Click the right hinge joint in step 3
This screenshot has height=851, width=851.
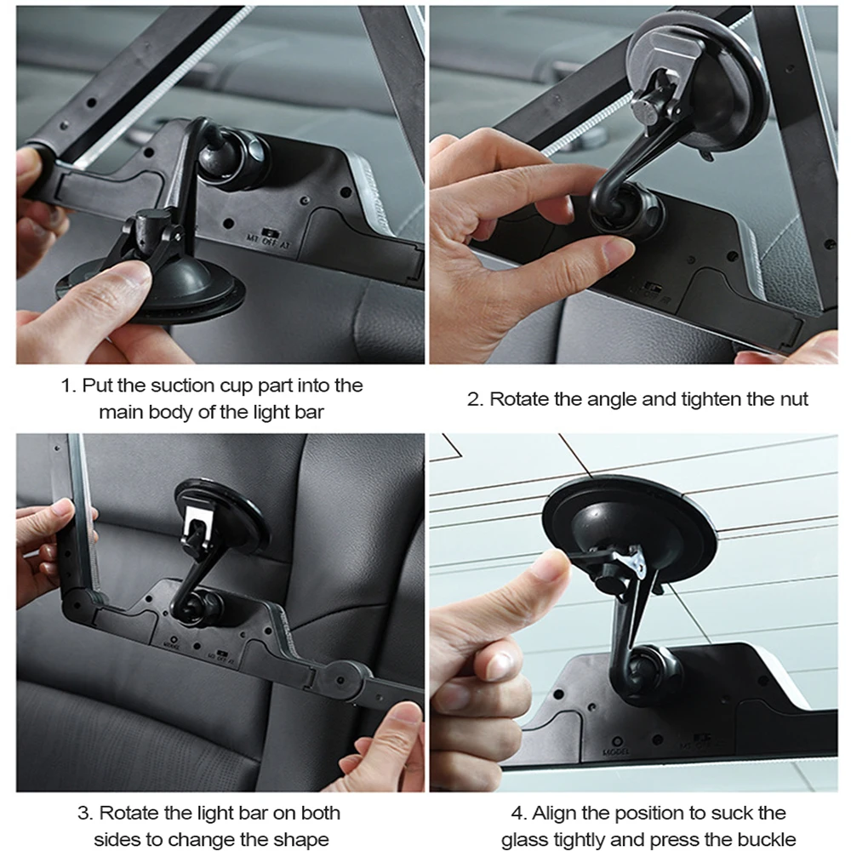[x=340, y=679]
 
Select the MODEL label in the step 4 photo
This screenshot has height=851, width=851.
[x=616, y=752]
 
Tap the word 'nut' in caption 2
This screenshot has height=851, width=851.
[x=793, y=399]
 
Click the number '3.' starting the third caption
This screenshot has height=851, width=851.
[x=86, y=813]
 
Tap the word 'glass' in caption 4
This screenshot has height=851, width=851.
[x=524, y=840]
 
